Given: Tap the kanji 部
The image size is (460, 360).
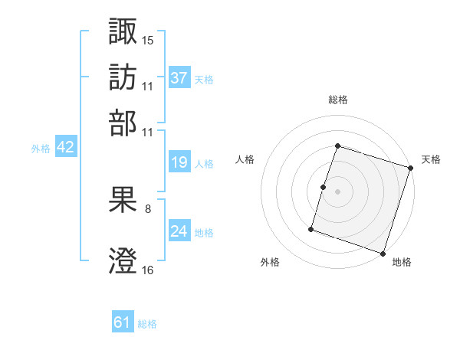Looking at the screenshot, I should pos(123,122).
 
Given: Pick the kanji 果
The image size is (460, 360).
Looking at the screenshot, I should pos(123,200).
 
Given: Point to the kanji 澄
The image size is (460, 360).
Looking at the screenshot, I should pos(123,260).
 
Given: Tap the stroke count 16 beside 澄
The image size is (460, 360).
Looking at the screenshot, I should pos(149,269).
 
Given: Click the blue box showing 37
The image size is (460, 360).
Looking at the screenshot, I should pos(179,78).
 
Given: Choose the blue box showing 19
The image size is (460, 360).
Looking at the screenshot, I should pos(179,162).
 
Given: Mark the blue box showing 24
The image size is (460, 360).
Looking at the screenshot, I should pos(179,231).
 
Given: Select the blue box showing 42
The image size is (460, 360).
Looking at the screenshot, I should pos(65,148).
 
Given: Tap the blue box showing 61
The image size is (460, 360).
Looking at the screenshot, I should pos(123,322).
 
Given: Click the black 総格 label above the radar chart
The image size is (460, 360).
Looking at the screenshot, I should pos(338,100).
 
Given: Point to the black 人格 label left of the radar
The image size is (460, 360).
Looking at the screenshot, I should pos(245,159).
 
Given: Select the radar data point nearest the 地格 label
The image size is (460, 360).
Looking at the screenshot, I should pos(383,254).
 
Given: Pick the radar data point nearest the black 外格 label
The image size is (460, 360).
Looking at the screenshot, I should pos(311,228).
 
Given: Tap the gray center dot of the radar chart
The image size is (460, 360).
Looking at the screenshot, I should pos(337,191).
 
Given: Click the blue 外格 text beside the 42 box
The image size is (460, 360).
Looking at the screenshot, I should pos(40,149).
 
